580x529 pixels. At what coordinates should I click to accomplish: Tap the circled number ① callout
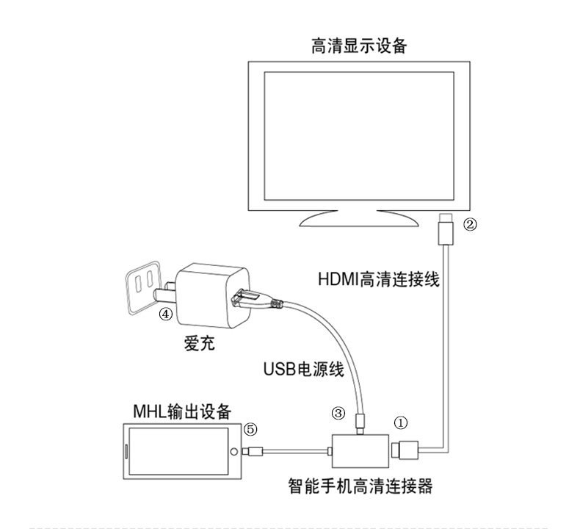coord(400,422)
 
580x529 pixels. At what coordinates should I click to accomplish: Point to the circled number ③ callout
coord(338,414)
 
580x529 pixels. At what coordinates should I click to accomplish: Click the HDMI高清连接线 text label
coord(378,280)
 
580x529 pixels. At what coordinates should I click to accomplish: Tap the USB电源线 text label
coord(303,369)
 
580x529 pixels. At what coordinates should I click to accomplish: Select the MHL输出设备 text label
coord(181,410)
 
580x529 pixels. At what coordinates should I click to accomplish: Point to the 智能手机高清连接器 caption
coord(361,486)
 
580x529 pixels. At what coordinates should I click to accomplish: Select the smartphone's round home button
coord(234,451)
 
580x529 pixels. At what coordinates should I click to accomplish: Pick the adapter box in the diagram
coord(360,449)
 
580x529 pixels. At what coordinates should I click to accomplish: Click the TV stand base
coord(358,218)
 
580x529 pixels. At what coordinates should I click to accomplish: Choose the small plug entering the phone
coord(253,451)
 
